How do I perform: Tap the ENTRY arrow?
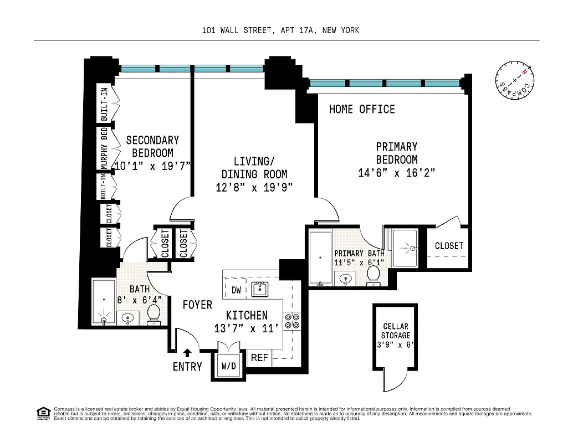point(188,352)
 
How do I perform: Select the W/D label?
point(228,366)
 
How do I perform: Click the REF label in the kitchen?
point(259,358)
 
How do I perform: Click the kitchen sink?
point(259,288)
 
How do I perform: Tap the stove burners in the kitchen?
point(292,321)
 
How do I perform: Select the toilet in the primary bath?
point(374,274)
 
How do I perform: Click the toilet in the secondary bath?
point(154,315)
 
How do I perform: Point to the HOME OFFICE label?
point(362,109)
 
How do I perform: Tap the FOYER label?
point(197,305)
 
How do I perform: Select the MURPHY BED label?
point(104,148)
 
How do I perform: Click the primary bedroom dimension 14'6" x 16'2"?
point(396,173)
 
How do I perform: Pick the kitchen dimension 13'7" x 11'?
point(247,328)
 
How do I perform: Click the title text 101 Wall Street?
point(280,30)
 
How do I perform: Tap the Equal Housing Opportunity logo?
point(43,413)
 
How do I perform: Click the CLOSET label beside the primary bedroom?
point(449,245)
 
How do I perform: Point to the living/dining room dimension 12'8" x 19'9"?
point(254,188)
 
